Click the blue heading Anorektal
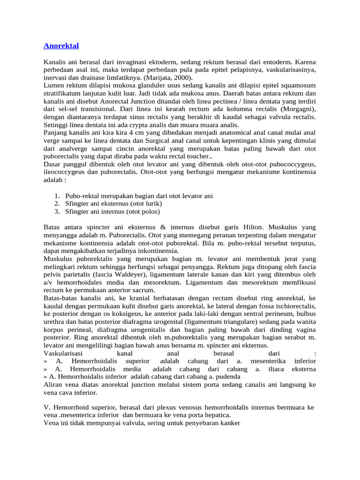[x=61, y=46]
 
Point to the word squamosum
[x=294, y=85]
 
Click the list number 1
[x=56, y=196]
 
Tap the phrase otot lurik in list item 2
[x=146, y=204]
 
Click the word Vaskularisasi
[x=63, y=353]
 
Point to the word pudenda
[x=227, y=377]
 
